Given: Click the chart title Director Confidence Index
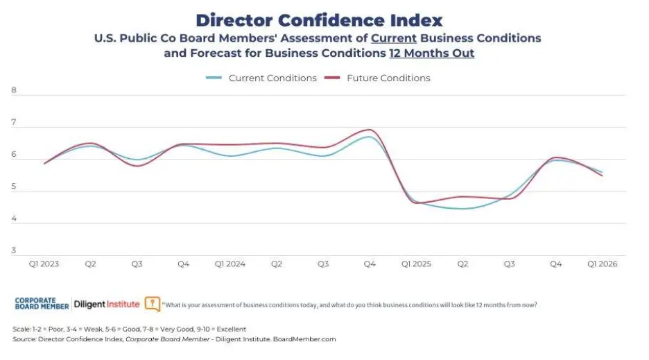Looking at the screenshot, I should point(318,19).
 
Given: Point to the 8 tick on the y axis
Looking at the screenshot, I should point(14,90).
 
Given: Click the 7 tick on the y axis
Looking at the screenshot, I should point(14,123).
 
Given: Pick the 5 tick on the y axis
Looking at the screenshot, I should point(14,187).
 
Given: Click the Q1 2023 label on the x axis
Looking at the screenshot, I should point(43,264).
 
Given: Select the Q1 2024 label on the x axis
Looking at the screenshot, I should point(230,264).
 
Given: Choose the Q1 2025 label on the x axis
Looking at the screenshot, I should point(416,264).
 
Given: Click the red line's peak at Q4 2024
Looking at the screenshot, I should point(369,130).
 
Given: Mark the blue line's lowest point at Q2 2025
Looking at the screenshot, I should point(462,208).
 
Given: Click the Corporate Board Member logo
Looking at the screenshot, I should point(41,304).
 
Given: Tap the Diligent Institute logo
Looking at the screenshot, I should point(106,305).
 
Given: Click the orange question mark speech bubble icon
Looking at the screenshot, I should point(153,304).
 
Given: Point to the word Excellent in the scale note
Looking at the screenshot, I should point(229,329).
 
